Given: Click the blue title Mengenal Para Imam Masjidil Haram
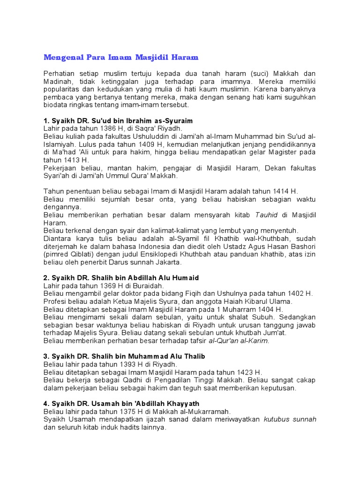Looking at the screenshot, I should tap(121, 58).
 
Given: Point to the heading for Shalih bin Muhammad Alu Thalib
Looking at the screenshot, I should tap(124, 356).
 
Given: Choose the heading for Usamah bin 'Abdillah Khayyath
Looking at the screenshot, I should tap(121, 403).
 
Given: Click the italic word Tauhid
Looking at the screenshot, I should tap(266, 215).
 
